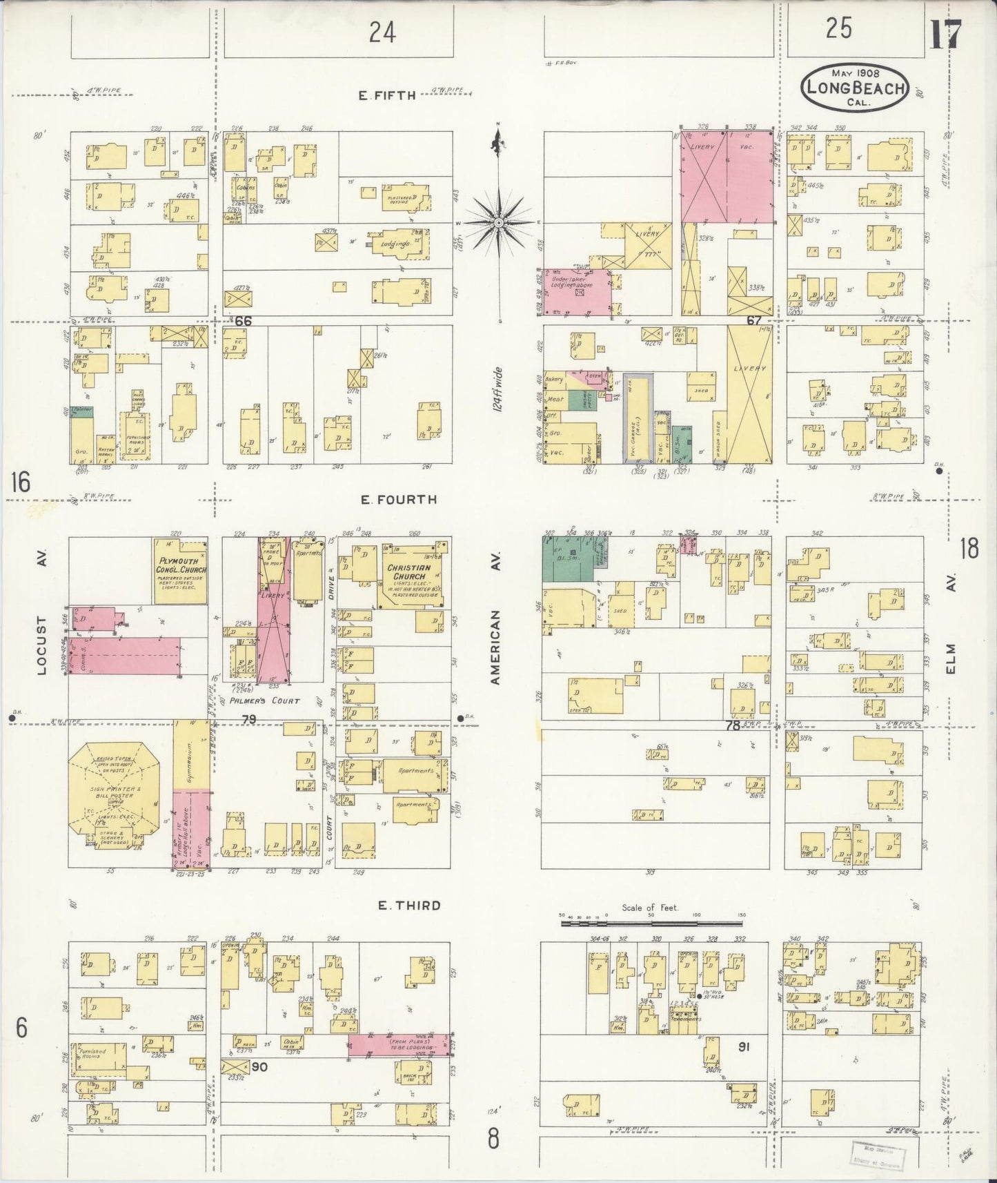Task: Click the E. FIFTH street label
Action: (x=386, y=96)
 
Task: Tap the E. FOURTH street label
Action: (x=399, y=499)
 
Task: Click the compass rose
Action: (x=498, y=223)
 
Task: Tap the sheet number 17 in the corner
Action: (x=945, y=35)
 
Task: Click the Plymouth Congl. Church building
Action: (x=179, y=571)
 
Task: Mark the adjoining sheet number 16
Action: (x=20, y=482)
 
